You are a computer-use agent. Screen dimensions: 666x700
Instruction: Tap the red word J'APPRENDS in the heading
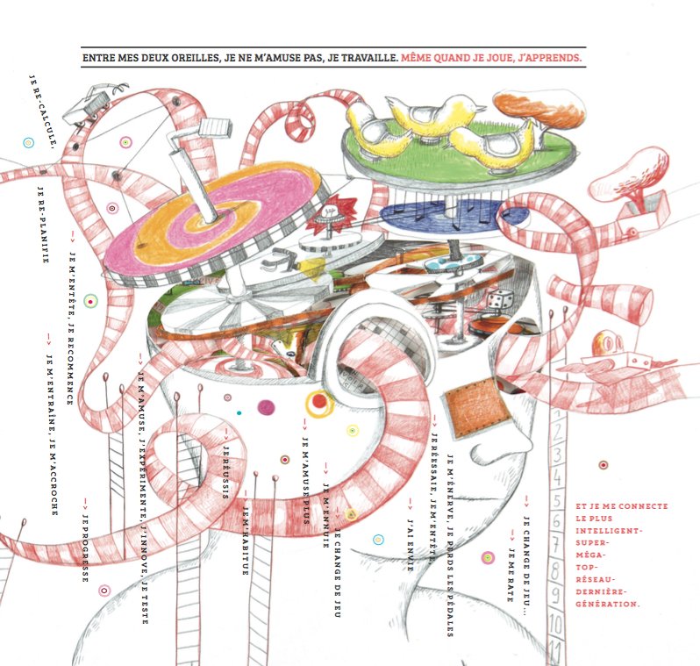[x=545, y=58]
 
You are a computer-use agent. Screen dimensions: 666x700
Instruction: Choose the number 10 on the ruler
[x=554, y=626]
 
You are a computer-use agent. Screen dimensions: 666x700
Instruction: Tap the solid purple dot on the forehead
[x=265, y=407]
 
